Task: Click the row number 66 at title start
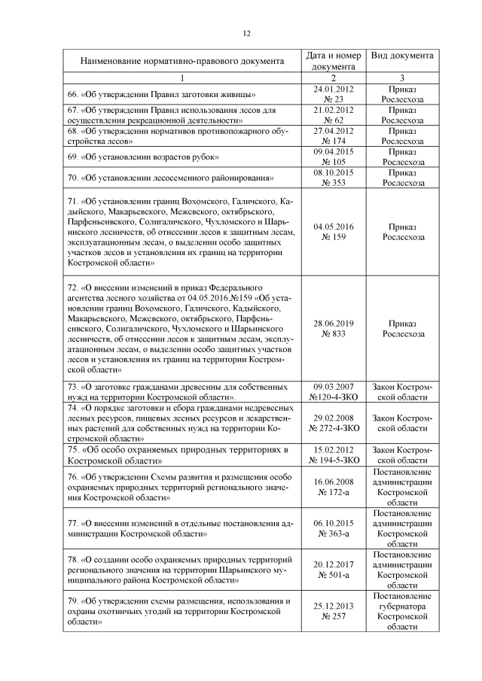coord(73,94)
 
